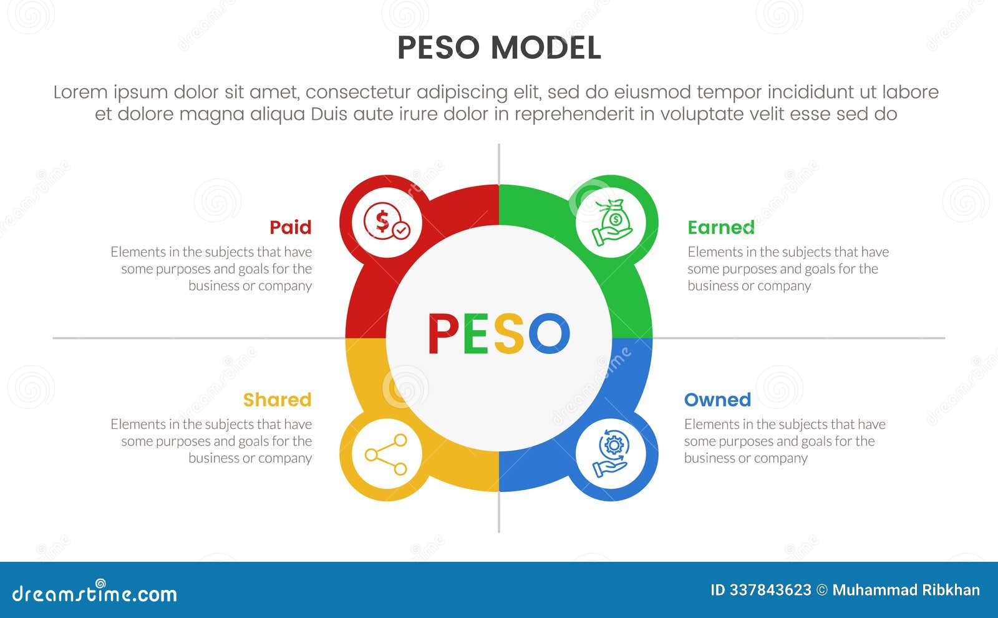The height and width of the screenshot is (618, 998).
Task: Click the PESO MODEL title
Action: [x=499, y=48]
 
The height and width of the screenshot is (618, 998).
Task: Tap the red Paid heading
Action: [x=290, y=227]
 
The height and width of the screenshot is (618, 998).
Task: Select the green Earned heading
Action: [x=720, y=227]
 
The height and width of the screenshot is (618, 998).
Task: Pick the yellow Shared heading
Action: [x=277, y=400]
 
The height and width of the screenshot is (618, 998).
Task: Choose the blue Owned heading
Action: [x=717, y=400]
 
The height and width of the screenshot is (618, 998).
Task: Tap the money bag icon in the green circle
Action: [x=613, y=222]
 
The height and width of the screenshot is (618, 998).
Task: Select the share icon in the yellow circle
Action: [x=386, y=455]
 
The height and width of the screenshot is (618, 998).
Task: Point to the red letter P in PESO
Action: [x=443, y=334]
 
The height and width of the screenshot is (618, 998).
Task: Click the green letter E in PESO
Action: [x=476, y=334]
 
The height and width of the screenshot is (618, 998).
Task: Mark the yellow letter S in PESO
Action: [x=509, y=334]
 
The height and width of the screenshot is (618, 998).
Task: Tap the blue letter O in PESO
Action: [x=549, y=334]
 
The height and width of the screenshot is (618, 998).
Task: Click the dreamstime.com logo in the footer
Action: [x=95, y=593]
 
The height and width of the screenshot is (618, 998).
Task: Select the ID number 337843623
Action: [x=770, y=591]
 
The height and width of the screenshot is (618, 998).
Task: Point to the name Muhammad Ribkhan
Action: [x=906, y=591]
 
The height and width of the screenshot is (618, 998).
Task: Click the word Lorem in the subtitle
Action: [x=80, y=92]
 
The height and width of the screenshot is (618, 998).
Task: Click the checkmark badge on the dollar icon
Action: [x=402, y=230]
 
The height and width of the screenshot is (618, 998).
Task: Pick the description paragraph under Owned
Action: [x=784, y=441]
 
